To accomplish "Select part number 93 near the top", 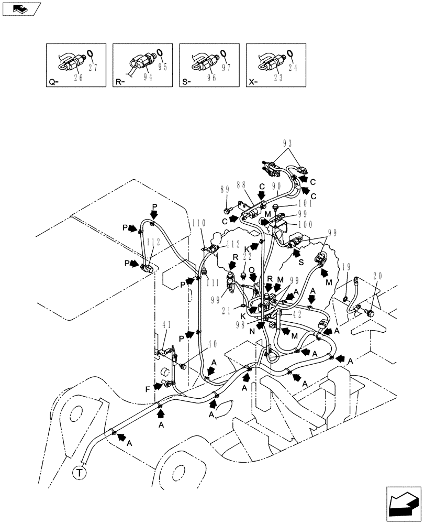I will pos(287,143).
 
